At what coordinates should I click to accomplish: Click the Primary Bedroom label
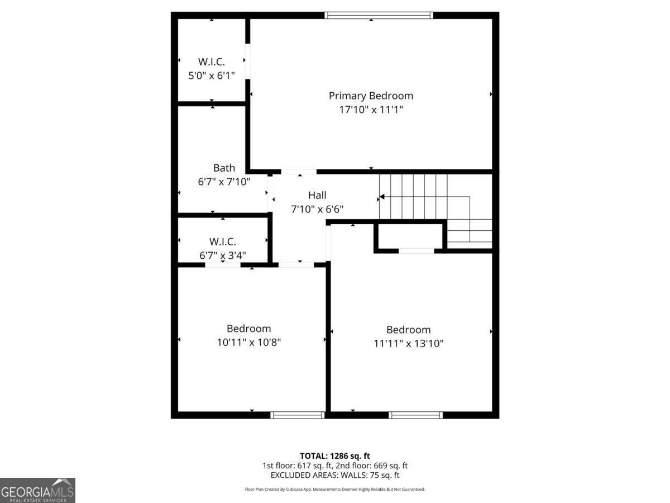click(x=371, y=96)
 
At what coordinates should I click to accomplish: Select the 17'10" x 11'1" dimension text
click(x=371, y=110)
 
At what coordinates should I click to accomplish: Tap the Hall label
click(x=317, y=195)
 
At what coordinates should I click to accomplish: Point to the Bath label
click(x=224, y=168)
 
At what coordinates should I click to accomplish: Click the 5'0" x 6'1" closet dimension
click(x=212, y=75)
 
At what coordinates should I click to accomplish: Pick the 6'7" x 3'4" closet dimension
click(x=223, y=255)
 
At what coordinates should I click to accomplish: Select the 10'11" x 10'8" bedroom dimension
click(x=249, y=342)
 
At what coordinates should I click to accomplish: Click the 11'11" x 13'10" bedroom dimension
click(x=409, y=344)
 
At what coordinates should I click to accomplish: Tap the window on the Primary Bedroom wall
click(x=379, y=15)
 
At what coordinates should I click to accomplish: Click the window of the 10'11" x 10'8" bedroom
click(x=298, y=415)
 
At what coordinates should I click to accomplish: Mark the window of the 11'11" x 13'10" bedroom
click(x=416, y=415)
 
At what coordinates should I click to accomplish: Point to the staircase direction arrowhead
click(x=382, y=197)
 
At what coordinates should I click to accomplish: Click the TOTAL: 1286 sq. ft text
click(x=335, y=455)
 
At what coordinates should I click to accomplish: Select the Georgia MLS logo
click(x=37, y=490)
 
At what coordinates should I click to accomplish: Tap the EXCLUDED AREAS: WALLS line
click(x=335, y=476)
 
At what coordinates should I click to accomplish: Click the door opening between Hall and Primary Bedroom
click(x=299, y=172)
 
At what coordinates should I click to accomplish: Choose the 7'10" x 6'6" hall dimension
click(x=317, y=209)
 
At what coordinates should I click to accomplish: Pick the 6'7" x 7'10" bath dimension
click(x=224, y=182)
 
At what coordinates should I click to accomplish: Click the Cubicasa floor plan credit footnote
click(x=335, y=489)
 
